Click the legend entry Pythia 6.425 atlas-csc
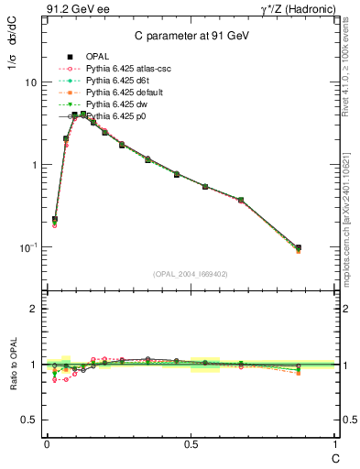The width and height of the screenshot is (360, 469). pyautogui.click(x=133, y=70)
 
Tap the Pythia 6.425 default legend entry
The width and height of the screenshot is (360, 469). pyautogui.click(x=129, y=93)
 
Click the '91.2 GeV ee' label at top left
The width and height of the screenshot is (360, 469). pyautogui.click(x=75, y=8)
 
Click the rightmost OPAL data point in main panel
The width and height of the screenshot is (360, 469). pyautogui.click(x=298, y=247)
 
